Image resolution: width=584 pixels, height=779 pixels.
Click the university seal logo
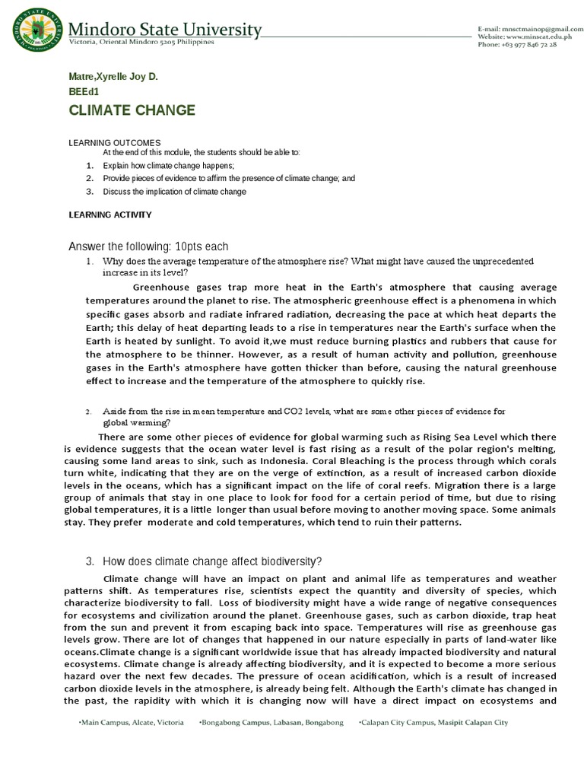(x=34, y=30)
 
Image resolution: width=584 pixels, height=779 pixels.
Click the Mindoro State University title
(x=165, y=30)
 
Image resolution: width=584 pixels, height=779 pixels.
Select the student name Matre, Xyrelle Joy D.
(x=113, y=78)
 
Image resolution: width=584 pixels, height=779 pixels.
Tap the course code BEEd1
(x=84, y=92)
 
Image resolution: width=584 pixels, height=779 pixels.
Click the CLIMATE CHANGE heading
(x=132, y=111)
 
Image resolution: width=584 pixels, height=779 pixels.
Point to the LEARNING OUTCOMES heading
(x=115, y=143)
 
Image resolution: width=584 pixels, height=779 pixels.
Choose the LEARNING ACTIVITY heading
(x=110, y=215)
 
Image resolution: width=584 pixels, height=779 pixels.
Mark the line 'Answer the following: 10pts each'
(x=148, y=246)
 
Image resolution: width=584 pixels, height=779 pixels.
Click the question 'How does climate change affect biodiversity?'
(x=212, y=561)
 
